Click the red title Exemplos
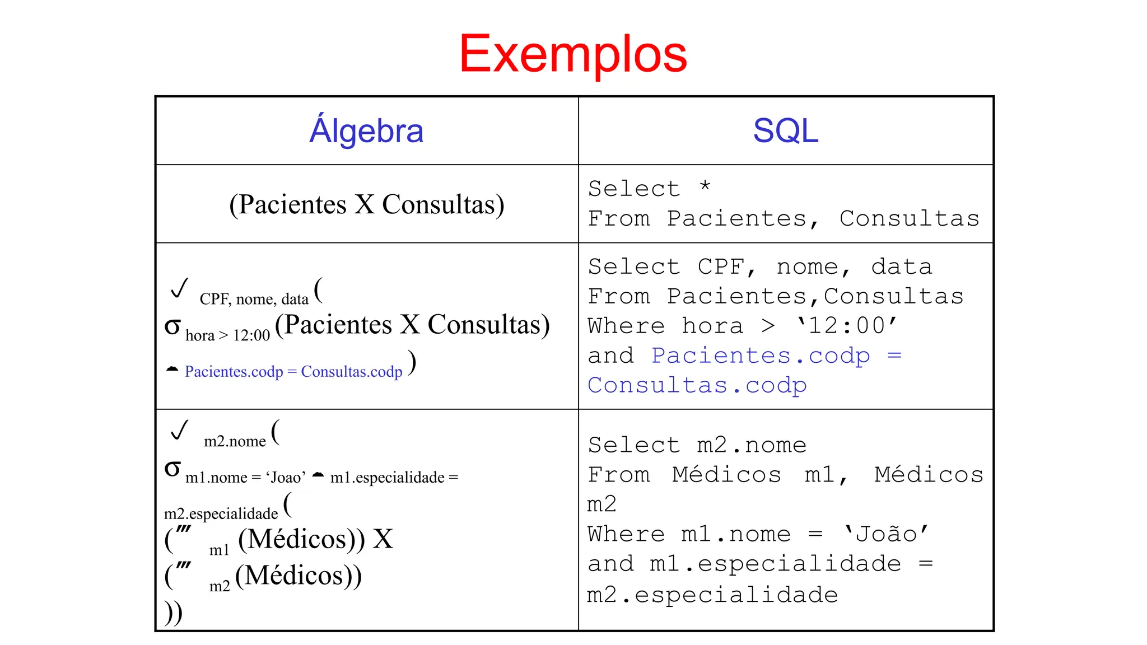(x=573, y=54)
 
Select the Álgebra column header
(x=366, y=130)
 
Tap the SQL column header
(x=785, y=130)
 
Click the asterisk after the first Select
(x=705, y=186)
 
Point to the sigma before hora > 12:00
(x=172, y=326)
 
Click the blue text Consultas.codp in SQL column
(x=697, y=385)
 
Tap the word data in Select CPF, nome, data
(x=901, y=267)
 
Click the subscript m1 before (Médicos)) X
(x=220, y=550)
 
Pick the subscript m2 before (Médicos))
(x=220, y=586)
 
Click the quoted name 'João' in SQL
(x=886, y=534)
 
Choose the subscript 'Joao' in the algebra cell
(x=286, y=478)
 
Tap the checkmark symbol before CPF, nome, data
(x=179, y=288)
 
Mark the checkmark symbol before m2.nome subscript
(x=179, y=430)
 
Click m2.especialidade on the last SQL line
(x=712, y=595)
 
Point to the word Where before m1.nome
(x=626, y=534)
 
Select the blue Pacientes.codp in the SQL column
(x=761, y=356)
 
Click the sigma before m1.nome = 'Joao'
(x=172, y=469)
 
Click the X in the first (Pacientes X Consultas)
(x=364, y=204)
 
